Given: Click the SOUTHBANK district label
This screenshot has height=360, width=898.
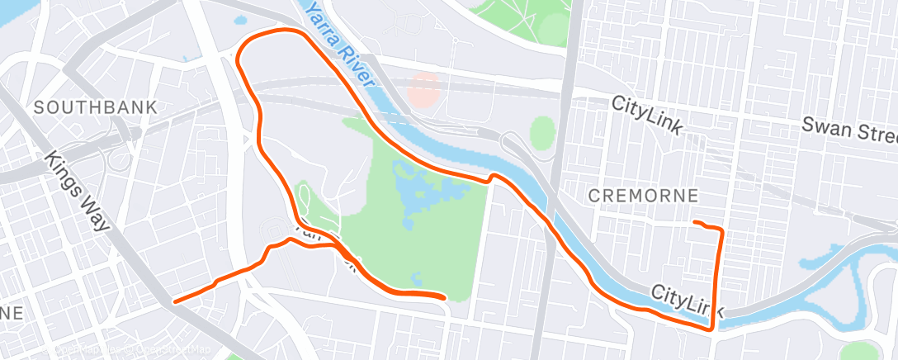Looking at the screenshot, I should [96, 107].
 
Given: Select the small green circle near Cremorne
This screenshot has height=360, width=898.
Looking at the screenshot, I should [542, 133].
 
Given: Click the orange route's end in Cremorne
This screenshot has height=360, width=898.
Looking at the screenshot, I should [695, 223].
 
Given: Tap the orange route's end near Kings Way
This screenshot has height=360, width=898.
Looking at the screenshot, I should [175, 301].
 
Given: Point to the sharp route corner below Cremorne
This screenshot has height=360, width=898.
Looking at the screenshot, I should [711, 329].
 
